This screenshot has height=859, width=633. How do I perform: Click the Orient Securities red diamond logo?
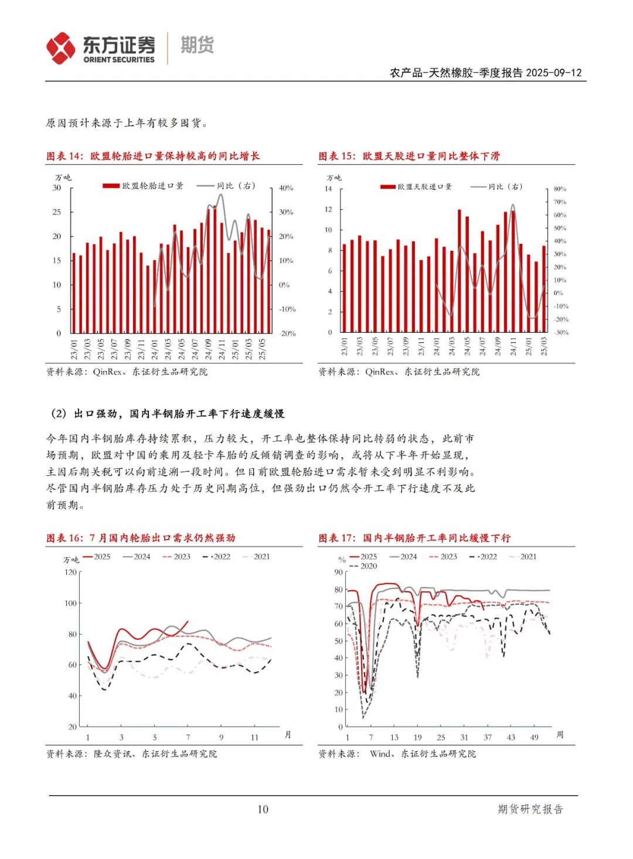pyautogui.click(x=61, y=48)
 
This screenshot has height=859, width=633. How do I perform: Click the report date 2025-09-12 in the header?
pyautogui.click(x=554, y=73)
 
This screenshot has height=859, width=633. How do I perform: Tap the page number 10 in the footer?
pyautogui.click(x=263, y=809)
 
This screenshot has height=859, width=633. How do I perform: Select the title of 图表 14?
pyautogui.click(x=153, y=156)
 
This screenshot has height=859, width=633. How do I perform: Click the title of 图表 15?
pyautogui.click(x=409, y=156)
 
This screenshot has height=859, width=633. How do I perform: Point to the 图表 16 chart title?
pyautogui.click(x=141, y=538)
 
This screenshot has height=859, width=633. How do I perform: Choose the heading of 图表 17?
pyautogui.click(x=414, y=538)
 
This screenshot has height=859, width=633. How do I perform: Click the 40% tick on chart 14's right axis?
pyautogui.click(x=286, y=188)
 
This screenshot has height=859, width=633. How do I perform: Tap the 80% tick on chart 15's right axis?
pyautogui.click(x=560, y=189)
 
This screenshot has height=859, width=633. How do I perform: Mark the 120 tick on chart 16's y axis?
pyautogui.click(x=70, y=572)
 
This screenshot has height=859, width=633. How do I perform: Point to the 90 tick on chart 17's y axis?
pyautogui.click(x=338, y=572)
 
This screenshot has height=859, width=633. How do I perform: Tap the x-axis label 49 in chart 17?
pyautogui.click(x=534, y=737)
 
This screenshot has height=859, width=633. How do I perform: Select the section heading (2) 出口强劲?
pyautogui.click(x=167, y=414)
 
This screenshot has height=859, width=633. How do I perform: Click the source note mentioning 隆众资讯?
pyautogui.click(x=131, y=754)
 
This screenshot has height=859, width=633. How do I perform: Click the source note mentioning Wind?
pyautogui.click(x=397, y=754)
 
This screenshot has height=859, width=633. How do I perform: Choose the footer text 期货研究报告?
pyautogui.click(x=530, y=809)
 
